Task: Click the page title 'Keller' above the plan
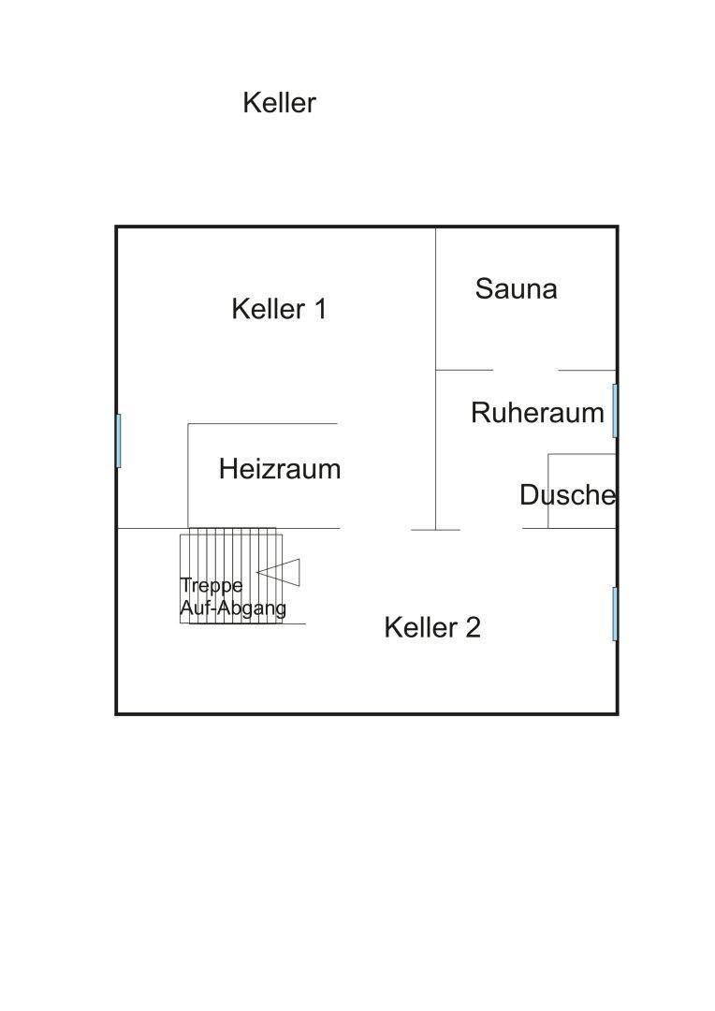click(279, 102)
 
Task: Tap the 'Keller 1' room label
click(279, 309)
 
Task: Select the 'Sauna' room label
click(516, 288)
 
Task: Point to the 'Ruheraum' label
click(537, 413)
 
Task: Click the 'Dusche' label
click(568, 495)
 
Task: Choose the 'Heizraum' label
click(279, 469)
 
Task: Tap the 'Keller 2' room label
click(432, 627)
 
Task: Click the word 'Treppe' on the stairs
click(212, 586)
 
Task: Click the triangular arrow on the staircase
click(280, 570)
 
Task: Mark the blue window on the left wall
click(119, 440)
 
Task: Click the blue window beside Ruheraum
click(615, 410)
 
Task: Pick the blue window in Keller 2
click(615, 614)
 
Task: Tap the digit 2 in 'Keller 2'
click(472, 627)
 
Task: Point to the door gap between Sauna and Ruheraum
click(525, 370)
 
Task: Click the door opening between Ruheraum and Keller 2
click(491, 529)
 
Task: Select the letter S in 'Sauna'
click(485, 288)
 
